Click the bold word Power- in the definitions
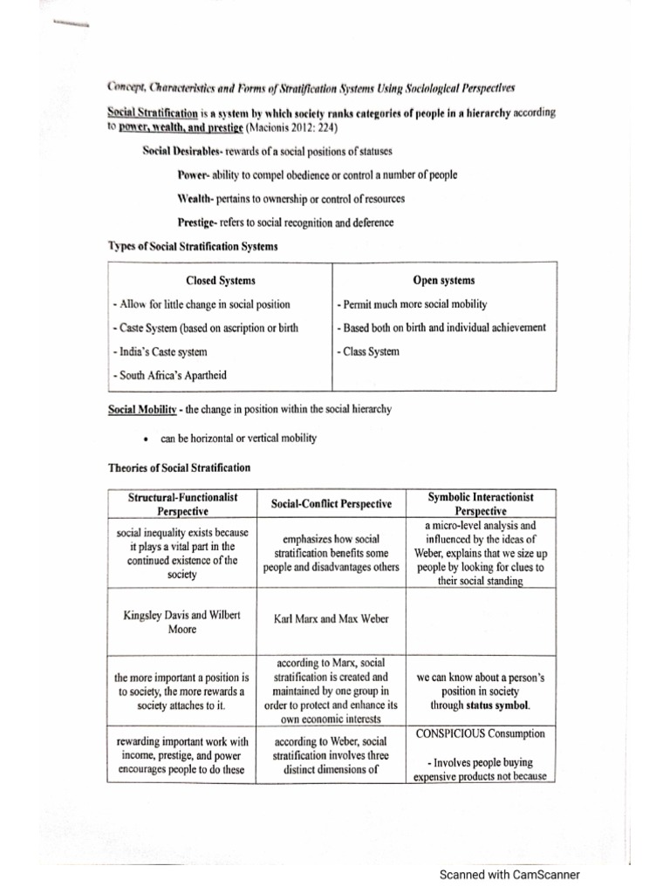tap(195, 174)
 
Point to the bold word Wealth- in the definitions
tap(197, 198)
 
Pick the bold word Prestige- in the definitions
tap(200, 222)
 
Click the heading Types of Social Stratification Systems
tap(193, 247)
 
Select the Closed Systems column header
tap(221, 280)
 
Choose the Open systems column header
tap(443, 280)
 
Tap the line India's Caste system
tap(161, 351)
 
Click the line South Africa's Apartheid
tap(169, 375)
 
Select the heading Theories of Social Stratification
tap(179, 467)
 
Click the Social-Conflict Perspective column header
tap(331, 503)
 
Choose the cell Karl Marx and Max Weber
tap(331, 618)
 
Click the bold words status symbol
tap(497, 705)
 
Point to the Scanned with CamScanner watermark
tap(509, 875)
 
